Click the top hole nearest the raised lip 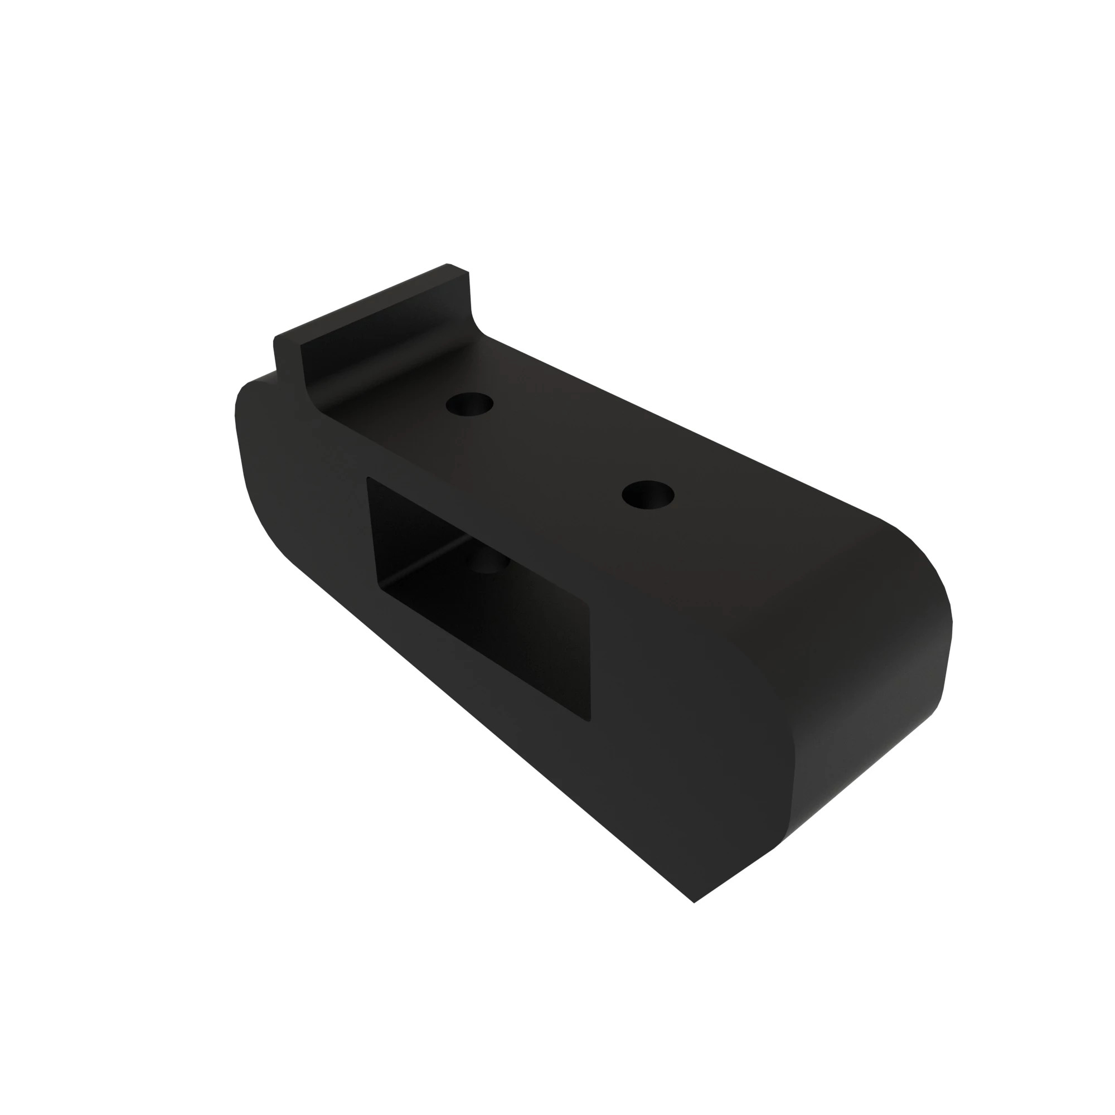pos(469,404)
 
